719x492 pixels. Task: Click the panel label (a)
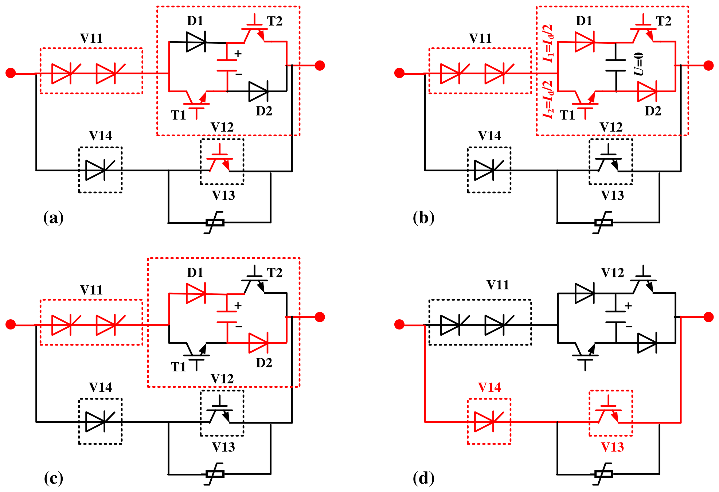(x=53, y=218)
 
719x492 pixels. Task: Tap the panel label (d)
(x=423, y=478)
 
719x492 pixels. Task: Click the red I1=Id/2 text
(x=548, y=43)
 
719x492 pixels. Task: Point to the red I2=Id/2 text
(x=548, y=99)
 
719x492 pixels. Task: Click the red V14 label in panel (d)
(x=489, y=387)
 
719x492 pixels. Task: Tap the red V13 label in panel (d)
(x=612, y=447)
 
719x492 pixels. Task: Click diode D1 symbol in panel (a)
(x=196, y=42)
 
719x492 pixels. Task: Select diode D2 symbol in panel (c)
(x=258, y=343)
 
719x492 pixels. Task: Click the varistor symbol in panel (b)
(x=603, y=222)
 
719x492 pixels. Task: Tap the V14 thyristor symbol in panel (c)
(x=100, y=422)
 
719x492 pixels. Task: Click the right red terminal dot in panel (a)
(x=320, y=66)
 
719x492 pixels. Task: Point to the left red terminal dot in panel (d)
(x=399, y=324)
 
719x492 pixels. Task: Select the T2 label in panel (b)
(x=664, y=21)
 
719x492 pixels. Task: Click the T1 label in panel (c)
(x=178, y=367)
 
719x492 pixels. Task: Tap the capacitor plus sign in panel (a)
(x=238, y=54)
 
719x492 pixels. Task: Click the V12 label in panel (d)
(x=612, y=273)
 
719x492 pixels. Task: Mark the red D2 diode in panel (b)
(x=648, y=91)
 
